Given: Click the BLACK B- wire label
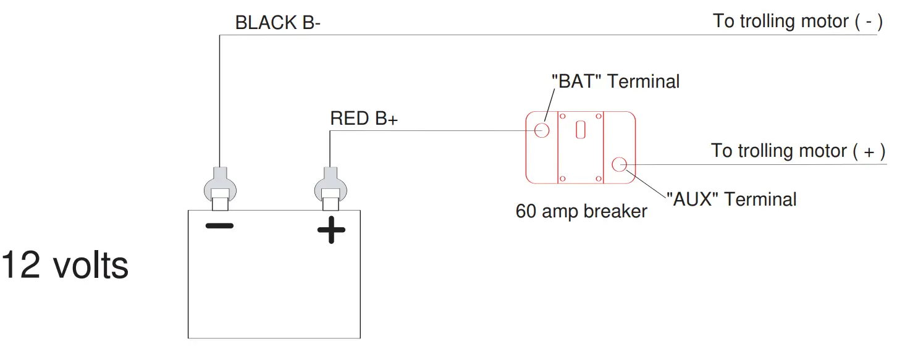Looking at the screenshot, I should click(277, 23).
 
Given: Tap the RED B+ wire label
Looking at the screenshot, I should click(364, 119).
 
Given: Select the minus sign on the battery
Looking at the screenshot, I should click(219, 226).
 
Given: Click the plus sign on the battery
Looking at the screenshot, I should click(331, 230).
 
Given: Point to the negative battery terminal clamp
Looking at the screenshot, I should click(220, 186).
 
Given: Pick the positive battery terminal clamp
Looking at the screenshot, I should click(331, 186).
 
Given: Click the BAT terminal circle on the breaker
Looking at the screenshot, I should click(542, 130).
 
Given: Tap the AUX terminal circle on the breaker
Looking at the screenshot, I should click(619, 164).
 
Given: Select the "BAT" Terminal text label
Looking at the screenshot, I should click(615, 81).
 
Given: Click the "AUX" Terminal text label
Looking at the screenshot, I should click(731, 199).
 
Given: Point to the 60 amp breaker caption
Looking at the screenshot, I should click(581, 211).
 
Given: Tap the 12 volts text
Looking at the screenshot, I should click(65, 266).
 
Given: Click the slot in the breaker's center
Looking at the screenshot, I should click(580, 130).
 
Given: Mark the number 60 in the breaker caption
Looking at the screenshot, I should click(526, 211).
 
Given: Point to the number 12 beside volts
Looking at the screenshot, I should click(22, 266).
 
